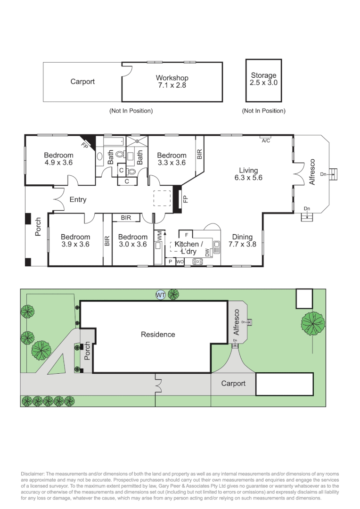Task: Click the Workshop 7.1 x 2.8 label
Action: [x=172, y=82]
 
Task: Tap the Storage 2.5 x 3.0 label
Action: [x=263, y=79]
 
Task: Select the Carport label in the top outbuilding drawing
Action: [x=82, y=82]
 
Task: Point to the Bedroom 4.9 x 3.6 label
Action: [x=58, y=159]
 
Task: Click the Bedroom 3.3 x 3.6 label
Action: [x=172, y=159]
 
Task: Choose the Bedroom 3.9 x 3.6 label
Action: [x=75, y=240]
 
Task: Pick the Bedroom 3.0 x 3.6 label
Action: [x=132, y=240]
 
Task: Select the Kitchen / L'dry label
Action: [x=188, y=247]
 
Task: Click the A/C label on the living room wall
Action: [x=266, y=140]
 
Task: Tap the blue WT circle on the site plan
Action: [x=161, y=295]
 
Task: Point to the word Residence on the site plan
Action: [x=158, y=335]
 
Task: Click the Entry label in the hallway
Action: [x=78, y=199]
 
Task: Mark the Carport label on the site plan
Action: [x=233, y=383]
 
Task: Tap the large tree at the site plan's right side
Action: [x=313, y=324]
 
